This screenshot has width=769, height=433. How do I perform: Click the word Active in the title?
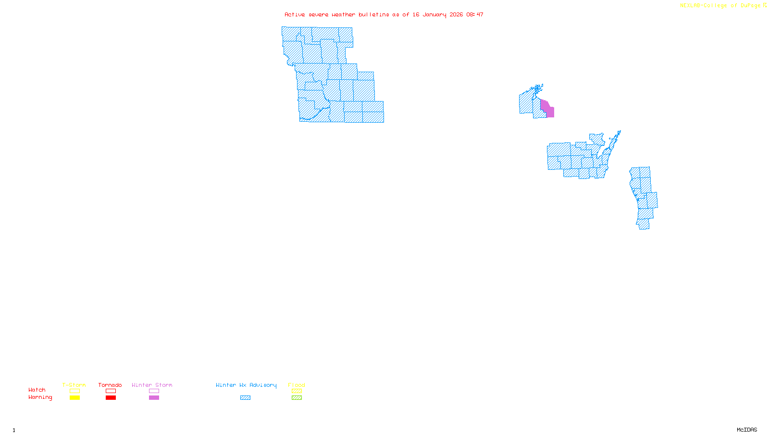(x=294, y=14)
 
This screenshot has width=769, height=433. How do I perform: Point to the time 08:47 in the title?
(x=474, y=14)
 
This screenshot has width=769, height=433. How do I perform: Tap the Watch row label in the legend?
(x=37, y=390)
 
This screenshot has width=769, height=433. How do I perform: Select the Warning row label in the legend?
(x=40, y=397)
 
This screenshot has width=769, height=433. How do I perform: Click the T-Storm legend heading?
(x=74, y=385)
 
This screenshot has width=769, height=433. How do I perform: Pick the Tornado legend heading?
(x=110, y=385)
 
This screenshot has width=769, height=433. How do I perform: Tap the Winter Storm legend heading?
(x=152, y=385)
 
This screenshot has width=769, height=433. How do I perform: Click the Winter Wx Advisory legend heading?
(x=246, y=385)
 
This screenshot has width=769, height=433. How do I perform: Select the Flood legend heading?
(x=297, y=385)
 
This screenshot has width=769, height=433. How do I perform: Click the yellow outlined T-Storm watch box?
(x=74, y=391)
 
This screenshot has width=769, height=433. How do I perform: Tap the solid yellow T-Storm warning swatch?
(x=74, y=398)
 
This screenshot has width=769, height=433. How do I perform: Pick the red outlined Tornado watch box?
(x=111, y=391)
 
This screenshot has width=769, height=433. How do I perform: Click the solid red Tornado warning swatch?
(x=111, y=398)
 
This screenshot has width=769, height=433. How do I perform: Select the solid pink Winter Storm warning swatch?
(x=154, y=398)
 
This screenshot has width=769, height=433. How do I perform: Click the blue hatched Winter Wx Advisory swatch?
(x=245, y=398)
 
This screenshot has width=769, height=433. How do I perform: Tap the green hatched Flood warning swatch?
(x=297, y=398)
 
